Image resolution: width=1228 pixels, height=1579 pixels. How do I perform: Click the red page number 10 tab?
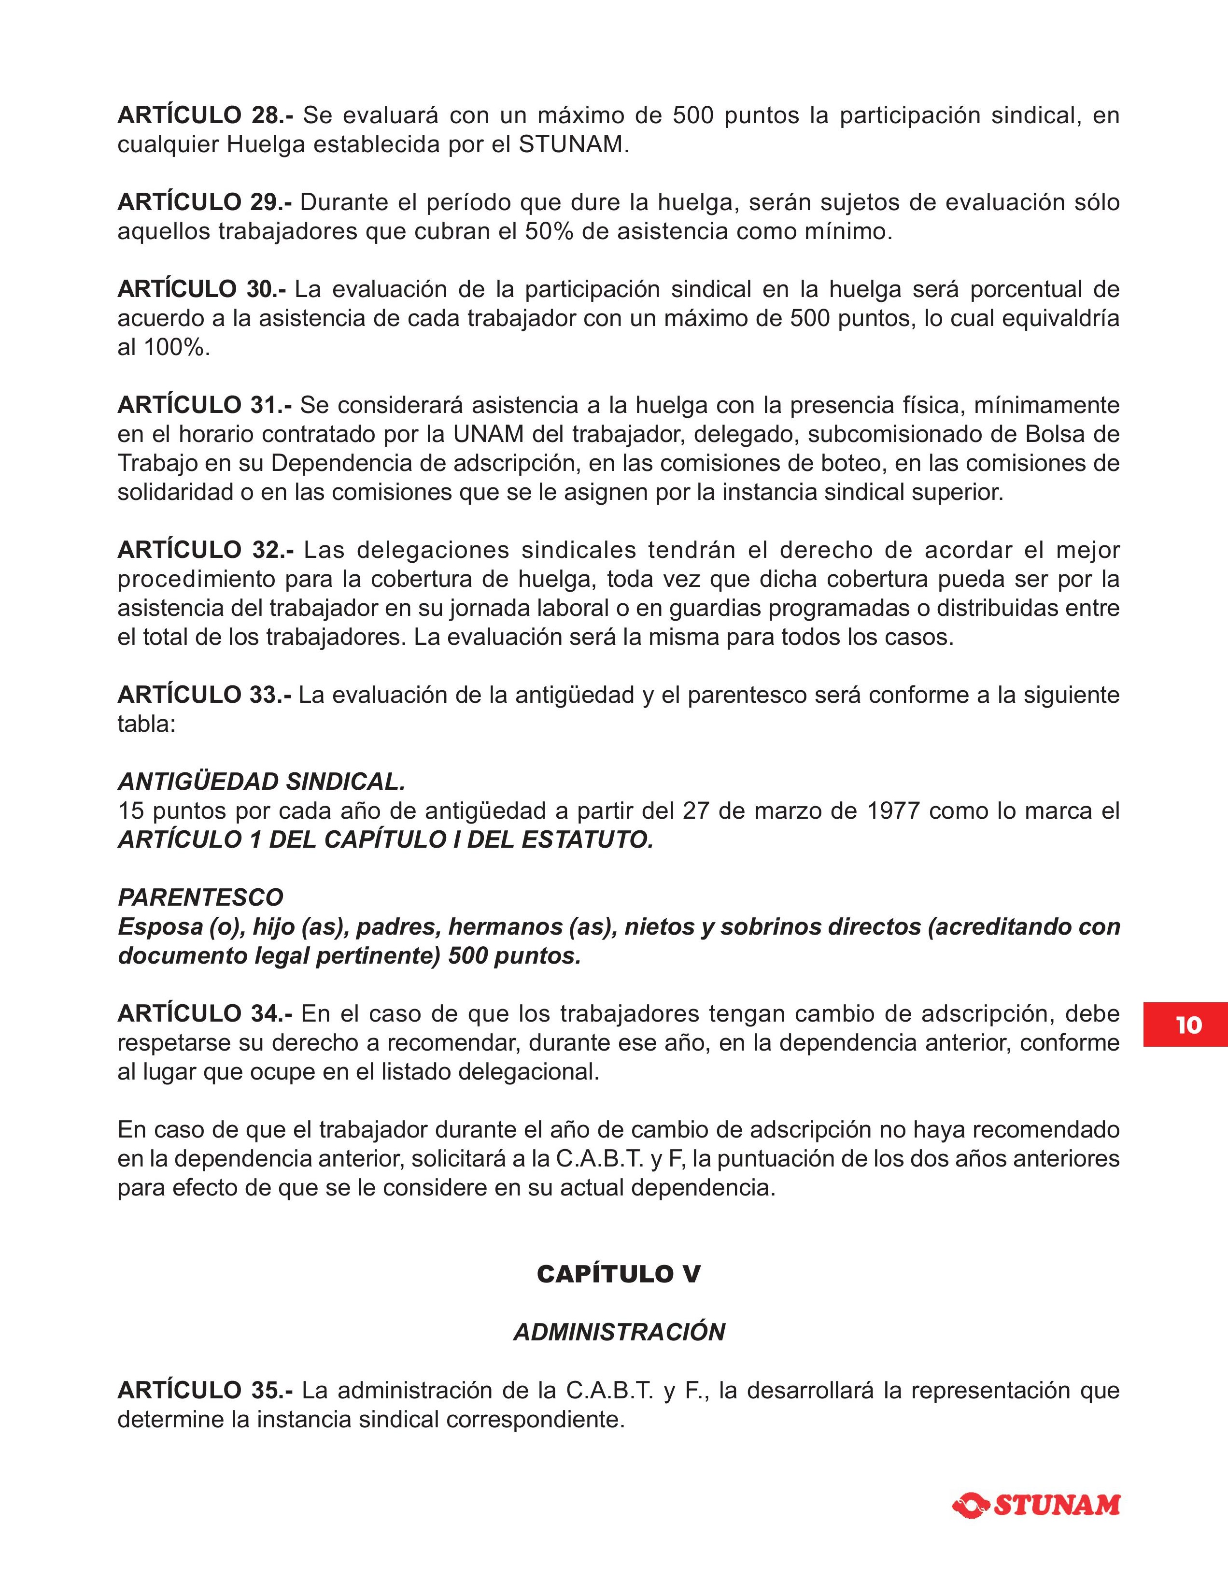click(1186, 1024)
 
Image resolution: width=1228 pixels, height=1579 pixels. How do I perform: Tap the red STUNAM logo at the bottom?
click(1036, 1505)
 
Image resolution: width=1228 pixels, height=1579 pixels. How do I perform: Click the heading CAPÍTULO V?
click(618, 1274)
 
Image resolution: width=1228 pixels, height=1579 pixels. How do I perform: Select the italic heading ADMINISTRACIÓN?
click(619, 1332)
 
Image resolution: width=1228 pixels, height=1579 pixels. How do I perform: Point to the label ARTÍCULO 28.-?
click(205, 115)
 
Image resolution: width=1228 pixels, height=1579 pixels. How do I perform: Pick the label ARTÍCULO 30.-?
click(202, 289)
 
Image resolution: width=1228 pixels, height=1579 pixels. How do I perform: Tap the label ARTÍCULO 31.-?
click(205, 405)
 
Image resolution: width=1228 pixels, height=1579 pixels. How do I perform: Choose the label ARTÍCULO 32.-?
click(205, 550)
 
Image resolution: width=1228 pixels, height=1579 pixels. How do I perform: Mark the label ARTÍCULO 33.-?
click(205, 695)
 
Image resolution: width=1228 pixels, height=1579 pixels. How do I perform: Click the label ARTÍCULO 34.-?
click(205, 1014)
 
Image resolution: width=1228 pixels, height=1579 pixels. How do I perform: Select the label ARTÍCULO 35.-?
click(205, 1390)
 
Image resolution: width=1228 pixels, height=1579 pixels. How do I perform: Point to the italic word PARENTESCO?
click(200, 897)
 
